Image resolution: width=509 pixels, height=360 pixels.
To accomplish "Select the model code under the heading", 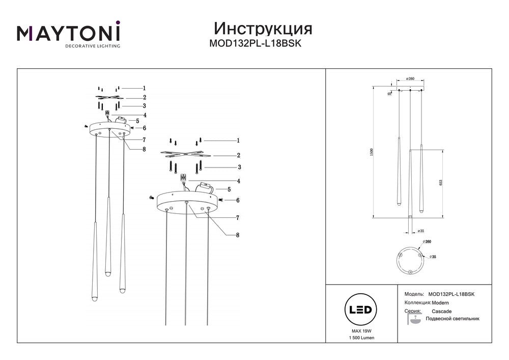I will click(x=256, y=43).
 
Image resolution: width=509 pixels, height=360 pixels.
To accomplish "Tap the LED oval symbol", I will click(x=360, y=310).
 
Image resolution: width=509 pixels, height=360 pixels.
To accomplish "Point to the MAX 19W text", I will click(x=360, y=330).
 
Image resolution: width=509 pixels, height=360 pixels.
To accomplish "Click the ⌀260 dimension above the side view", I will click(x=410, y=79).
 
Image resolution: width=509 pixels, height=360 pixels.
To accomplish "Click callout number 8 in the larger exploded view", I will click(x=238, y=235).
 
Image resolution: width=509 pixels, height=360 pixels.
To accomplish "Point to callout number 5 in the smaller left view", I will click(x=137, y=121).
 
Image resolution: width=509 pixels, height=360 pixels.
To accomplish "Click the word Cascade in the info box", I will click(x=441, y=311).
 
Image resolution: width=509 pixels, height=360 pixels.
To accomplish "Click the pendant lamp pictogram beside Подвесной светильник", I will click(x=414, y=319).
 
